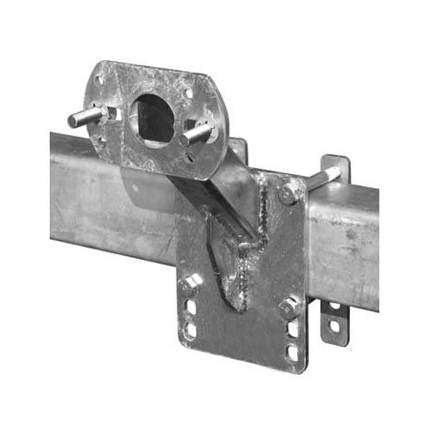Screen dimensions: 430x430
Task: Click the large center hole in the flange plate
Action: pos(153,117)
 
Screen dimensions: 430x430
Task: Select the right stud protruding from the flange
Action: pos(201,132)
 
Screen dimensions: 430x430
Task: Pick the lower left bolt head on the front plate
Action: pos(190,283)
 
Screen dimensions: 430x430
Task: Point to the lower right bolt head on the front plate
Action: pos(288,308)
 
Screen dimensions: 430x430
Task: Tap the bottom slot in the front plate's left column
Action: pos(190,330)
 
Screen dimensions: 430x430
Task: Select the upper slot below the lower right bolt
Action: pos(291,330)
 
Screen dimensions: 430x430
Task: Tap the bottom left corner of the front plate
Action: pos(180,344)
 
